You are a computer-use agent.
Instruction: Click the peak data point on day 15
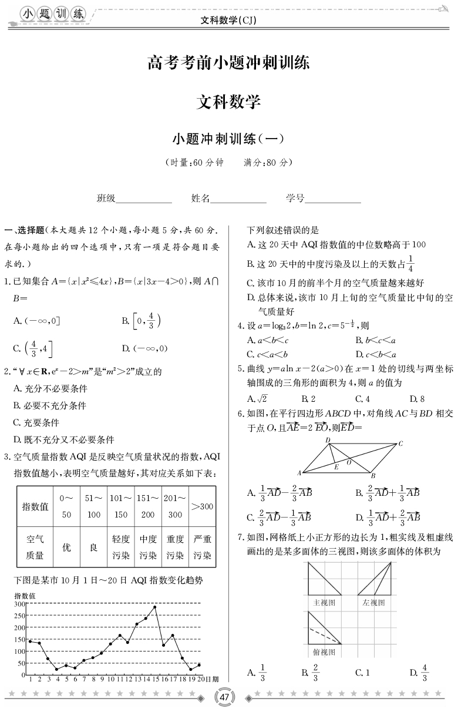pos(155,607)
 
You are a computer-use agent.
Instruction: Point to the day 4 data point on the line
pos(57,669)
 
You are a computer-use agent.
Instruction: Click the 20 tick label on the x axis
pos(200,679)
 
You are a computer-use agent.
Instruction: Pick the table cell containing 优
pos(66,547)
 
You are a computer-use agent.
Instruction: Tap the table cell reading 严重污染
pos(203,547)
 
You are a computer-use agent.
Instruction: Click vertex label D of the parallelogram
pos(328,439)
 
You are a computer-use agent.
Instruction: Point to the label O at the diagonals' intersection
pos(348,463)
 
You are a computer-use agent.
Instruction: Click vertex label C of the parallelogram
pos(400,444)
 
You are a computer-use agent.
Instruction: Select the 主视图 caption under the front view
pos(324,602)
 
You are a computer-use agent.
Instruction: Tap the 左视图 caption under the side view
pos(374,602)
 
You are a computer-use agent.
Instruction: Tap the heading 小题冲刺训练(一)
pos(228,139)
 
